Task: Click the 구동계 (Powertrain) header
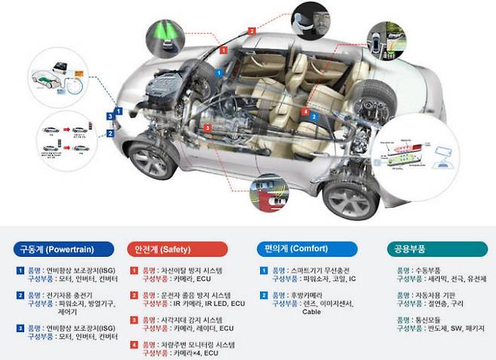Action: click(63, 246)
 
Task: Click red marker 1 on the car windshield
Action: click(222, 48)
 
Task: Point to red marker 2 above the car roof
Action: click(252, 31)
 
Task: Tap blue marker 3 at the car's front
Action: click(110, 115)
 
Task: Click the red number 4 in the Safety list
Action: click(133, 345)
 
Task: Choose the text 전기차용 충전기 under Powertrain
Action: click(69, 294)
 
